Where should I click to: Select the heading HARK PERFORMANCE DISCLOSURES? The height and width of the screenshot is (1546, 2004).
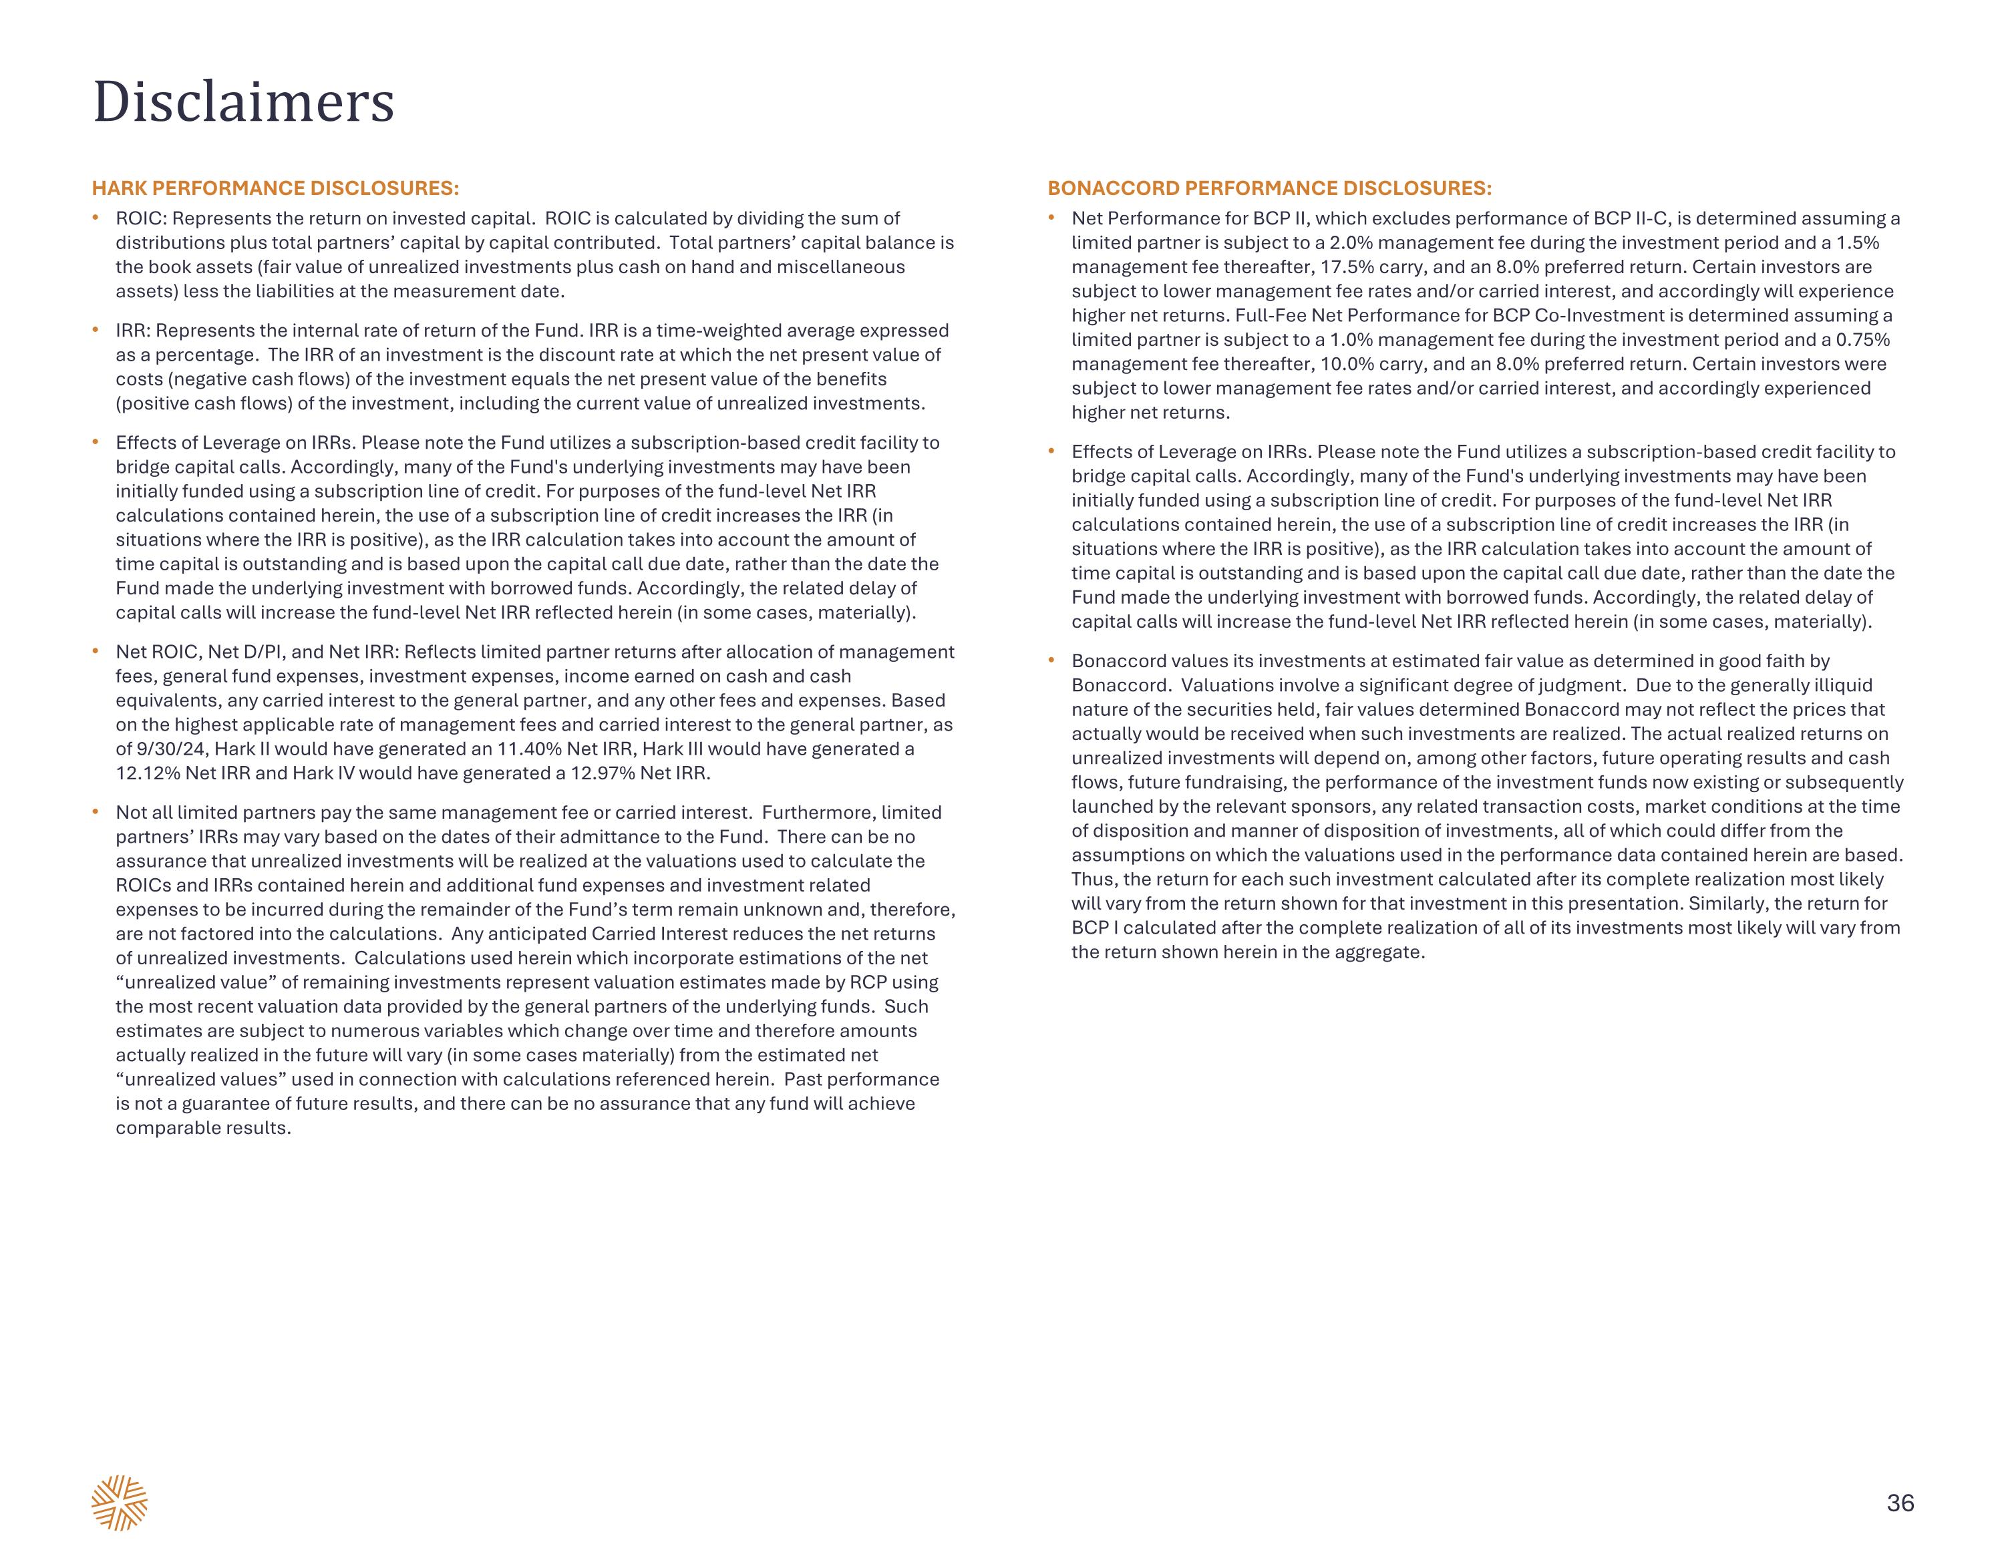point(275,188)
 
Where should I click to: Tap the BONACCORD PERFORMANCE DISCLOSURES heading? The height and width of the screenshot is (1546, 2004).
point(1270,188)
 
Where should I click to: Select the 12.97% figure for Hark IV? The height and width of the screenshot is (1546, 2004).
point(603,773)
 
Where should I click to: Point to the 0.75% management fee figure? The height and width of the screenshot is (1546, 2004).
point(1862,339)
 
